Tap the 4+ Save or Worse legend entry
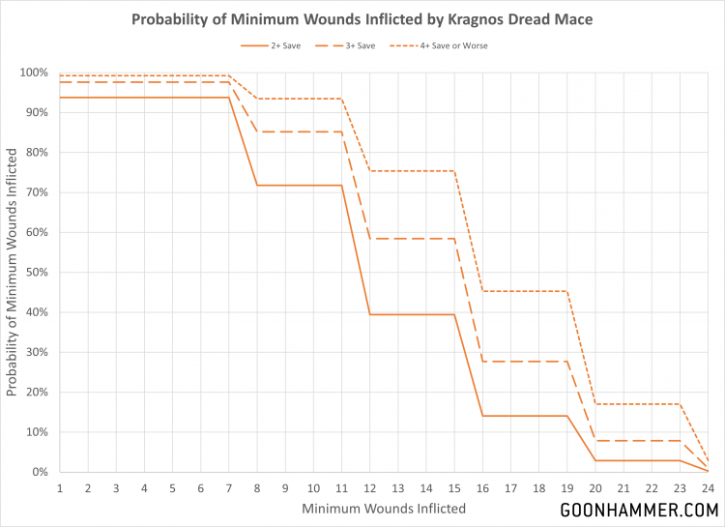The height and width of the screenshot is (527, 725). click(x=452, y=45)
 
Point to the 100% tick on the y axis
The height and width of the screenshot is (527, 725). click(x=35, y=73)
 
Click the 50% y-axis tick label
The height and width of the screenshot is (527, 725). click(x=37, y=273)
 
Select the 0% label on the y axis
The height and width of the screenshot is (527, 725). click(x=41, y=472)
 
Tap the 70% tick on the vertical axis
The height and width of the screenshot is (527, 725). click(x=37, y=192)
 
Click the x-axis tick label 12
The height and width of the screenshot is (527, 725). click(x=371, y=488)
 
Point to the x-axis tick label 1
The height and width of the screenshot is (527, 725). click(x=59, y=488)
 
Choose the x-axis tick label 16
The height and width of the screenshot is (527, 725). click(x=484, y=488)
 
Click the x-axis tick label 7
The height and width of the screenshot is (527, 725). click(x=229, y=488)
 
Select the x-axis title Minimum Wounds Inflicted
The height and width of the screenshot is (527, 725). click(x=385, y=508)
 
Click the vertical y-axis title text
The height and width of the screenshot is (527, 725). click(x=14, y=273)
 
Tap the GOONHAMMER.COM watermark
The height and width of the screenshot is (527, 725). click(x=639, y=509)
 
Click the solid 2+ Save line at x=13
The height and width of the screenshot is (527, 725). click(x=399, y=314)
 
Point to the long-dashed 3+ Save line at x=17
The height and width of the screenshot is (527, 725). click(x=512, y=362)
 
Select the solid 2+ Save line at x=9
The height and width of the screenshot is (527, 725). click(x=286, y=185)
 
